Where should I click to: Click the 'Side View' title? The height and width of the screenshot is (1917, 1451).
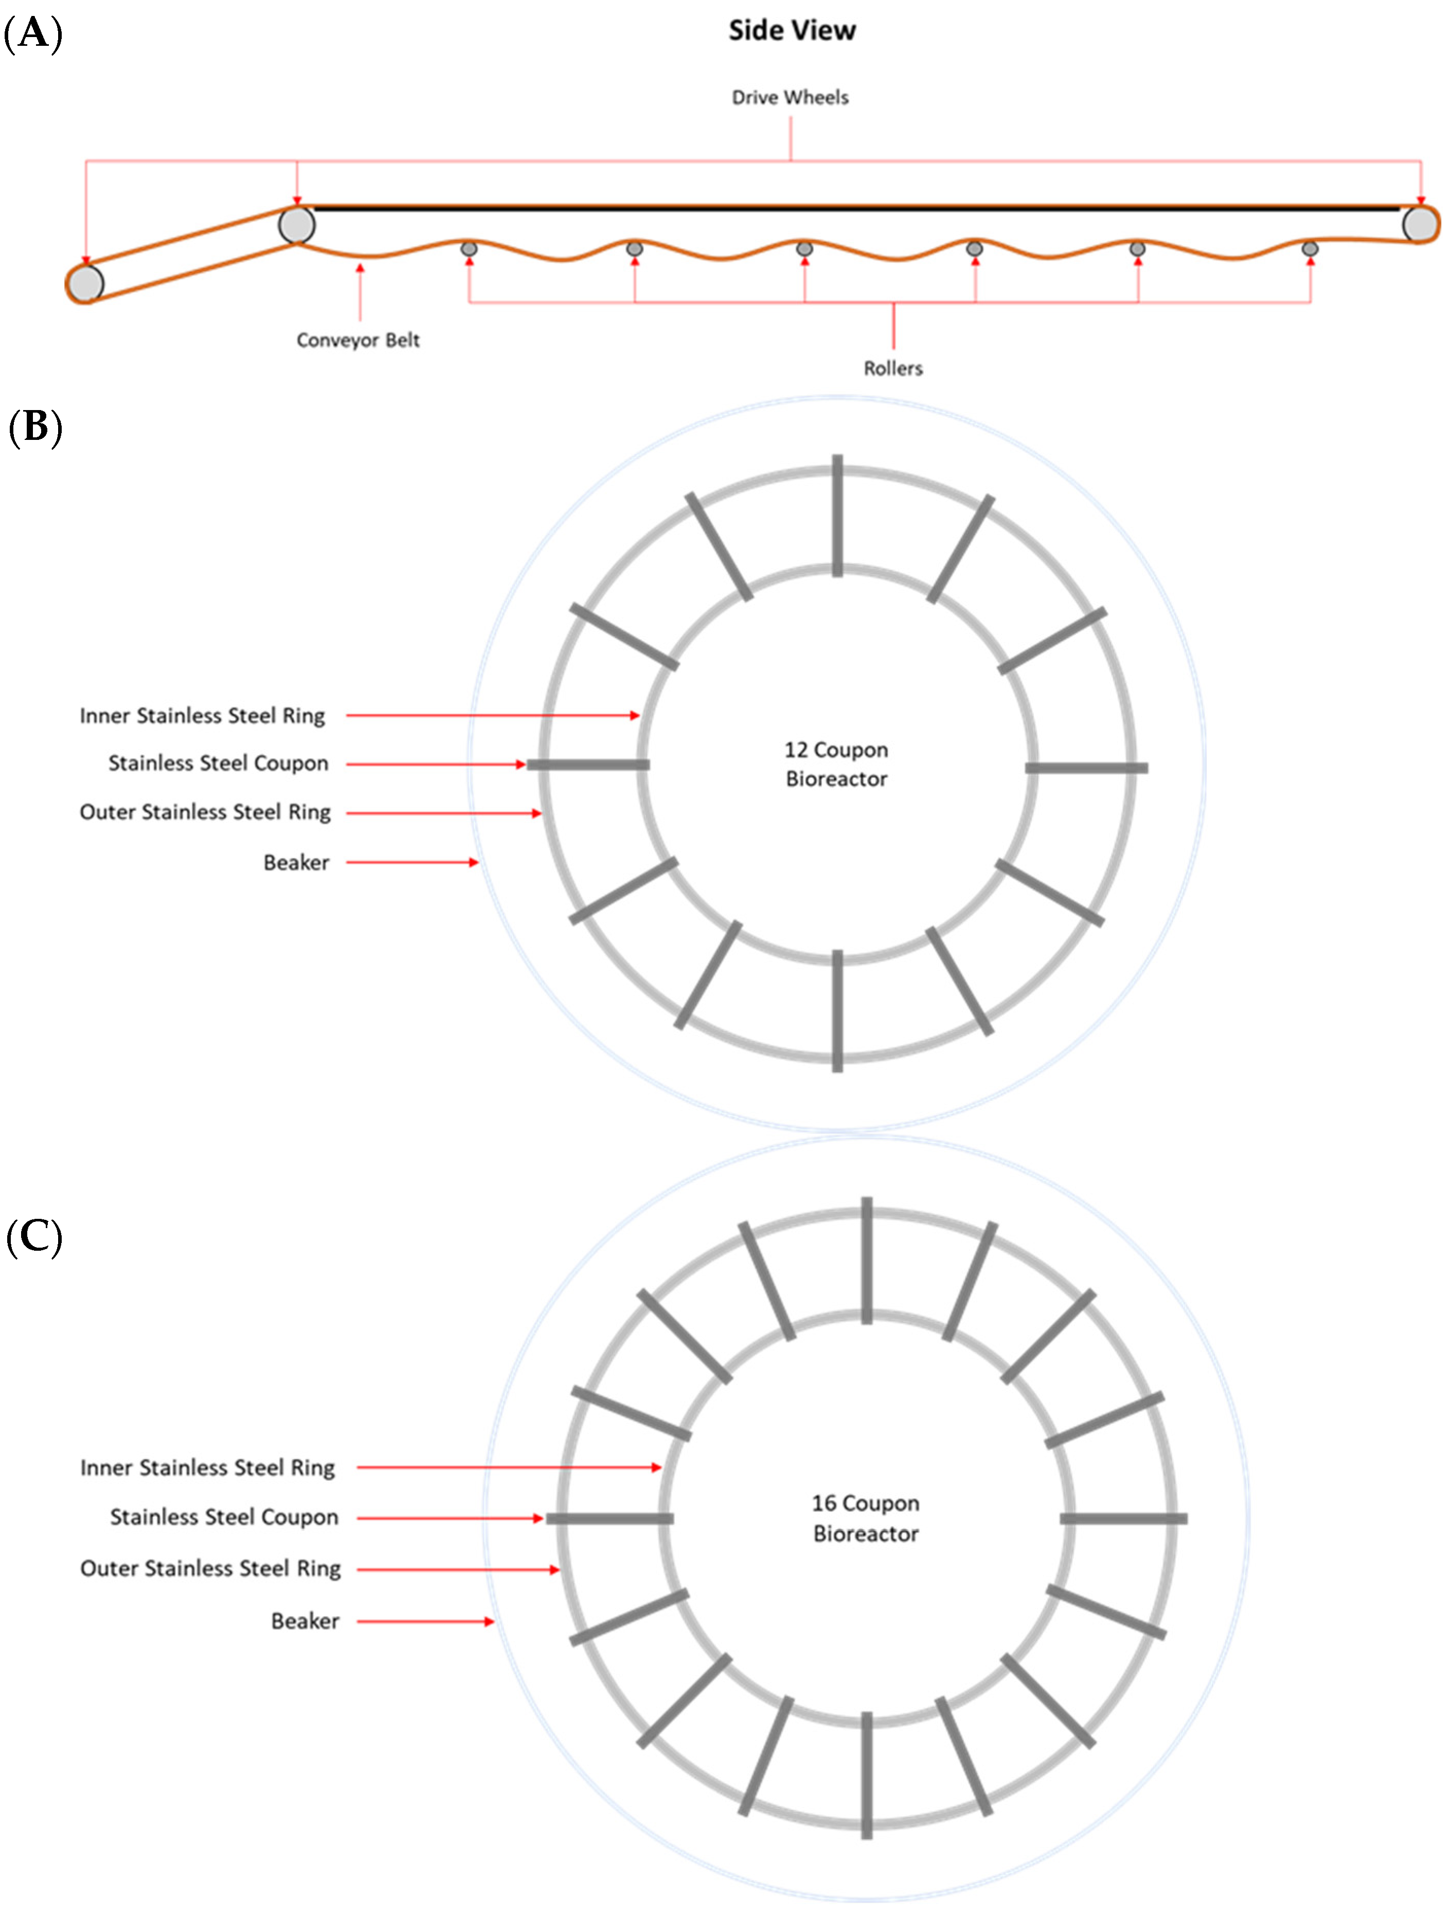(792, 30)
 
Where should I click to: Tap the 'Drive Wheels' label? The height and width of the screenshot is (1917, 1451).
(790, 97)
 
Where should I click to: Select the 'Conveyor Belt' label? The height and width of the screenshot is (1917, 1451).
(358, 340)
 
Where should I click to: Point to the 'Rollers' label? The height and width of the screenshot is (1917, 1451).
(893, 368)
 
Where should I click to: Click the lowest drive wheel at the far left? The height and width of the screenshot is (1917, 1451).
(85, 283)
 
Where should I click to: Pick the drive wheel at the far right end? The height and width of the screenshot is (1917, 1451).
(1420, 224)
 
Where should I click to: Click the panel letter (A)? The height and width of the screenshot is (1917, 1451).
(34, 34)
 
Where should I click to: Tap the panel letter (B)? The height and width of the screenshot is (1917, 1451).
(34, 427)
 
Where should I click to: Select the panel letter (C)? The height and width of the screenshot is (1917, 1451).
(34, 1237)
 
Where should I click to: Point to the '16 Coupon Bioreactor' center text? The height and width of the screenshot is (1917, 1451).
(865, 1518)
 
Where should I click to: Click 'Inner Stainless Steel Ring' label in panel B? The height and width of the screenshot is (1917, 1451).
(202, 716)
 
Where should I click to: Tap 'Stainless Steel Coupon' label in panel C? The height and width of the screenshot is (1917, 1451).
(224, 1517)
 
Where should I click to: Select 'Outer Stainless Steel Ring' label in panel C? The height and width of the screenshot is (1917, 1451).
(210, 1569)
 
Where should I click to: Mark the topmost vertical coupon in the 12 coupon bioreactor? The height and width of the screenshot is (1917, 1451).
(838, 516)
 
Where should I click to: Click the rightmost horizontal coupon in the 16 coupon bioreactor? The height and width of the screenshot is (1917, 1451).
(1123, 1518)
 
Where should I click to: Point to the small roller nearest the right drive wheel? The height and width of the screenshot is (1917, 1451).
(1310, 250)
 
